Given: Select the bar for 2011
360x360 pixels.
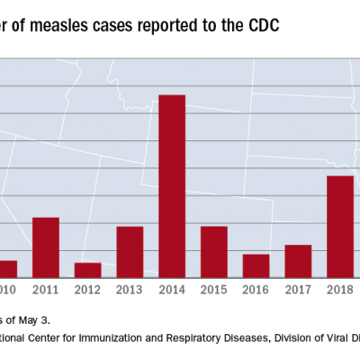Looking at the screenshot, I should [46, 247].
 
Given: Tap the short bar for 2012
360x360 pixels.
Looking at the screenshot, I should [87, 270].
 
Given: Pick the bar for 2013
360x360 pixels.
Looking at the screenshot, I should [130, 252].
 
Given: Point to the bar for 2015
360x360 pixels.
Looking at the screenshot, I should [213, 252].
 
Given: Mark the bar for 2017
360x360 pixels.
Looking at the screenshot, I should [298, 261].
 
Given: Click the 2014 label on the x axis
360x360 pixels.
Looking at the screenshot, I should [172, 290].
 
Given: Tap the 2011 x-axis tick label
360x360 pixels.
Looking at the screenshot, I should [46, 290].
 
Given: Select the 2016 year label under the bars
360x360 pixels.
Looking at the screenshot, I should [256, 290].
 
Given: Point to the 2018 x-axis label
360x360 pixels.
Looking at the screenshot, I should [339, 290].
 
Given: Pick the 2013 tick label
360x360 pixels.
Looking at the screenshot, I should [130, 290].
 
